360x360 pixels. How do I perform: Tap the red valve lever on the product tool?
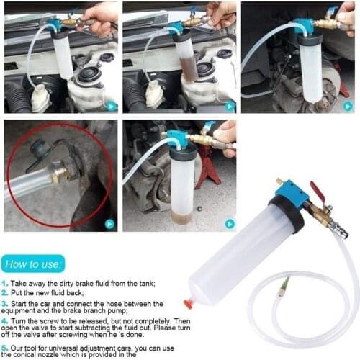(x=317, y=192)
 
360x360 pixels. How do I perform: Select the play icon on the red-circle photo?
(x=109, y=224)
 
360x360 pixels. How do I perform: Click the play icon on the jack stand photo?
(x=229, y=223)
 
